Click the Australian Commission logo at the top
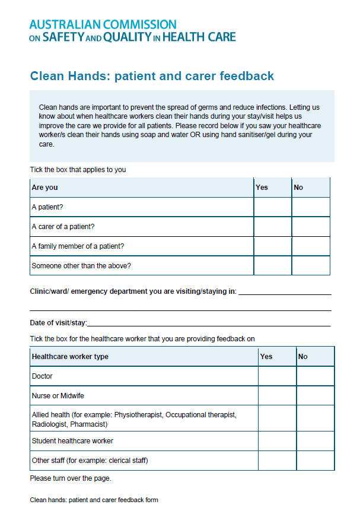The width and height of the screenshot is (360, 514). [132, 30]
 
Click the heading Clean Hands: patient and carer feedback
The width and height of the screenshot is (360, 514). [152, 76]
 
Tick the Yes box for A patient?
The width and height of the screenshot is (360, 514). [272, 207]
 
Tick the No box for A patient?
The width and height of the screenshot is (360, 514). [310, 207]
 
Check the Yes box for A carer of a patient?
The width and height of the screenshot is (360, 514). [272, 227]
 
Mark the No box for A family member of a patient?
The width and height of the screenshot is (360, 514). [310, 246]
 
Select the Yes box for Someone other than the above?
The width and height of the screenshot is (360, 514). [272, 265]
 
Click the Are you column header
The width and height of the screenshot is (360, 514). [45, 188]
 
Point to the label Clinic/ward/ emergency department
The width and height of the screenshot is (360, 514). [133, 291]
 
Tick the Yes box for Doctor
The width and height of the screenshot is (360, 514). [277, 376]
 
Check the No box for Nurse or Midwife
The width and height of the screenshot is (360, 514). [315, 395]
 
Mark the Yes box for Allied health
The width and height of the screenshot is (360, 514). [277, 419]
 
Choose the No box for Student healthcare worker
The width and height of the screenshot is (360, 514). [315, 441]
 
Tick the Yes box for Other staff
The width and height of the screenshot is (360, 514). [277, 460]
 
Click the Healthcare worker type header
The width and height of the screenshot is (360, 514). [70, 357]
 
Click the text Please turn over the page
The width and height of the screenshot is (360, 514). [71, 478]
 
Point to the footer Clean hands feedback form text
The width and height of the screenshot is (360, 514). [94, 500]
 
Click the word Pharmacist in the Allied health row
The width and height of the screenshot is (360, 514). [89, 424]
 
